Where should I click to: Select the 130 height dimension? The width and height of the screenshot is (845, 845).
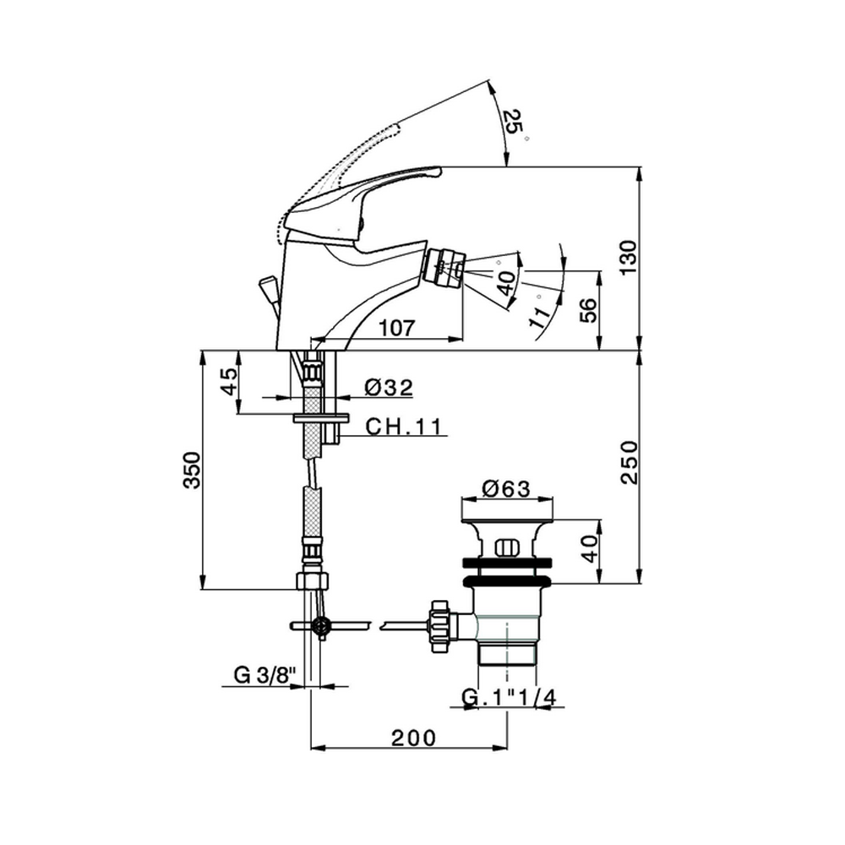(628, 258)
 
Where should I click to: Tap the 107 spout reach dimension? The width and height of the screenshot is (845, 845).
(397, 328)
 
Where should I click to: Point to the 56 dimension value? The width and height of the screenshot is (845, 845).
(588, 310)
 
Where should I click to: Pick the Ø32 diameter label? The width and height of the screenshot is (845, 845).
(388, 387)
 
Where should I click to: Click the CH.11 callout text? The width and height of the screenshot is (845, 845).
(404, 426)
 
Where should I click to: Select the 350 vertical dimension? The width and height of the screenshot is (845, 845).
(192, 470)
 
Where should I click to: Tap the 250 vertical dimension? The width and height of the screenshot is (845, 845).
(629, 462)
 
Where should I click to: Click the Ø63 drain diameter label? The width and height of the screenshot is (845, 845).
(506, 488)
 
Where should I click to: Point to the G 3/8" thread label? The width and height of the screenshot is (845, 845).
(265, 674)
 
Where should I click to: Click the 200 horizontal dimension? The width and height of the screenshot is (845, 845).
(413, 738)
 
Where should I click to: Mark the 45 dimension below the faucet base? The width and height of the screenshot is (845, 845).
(230, 381)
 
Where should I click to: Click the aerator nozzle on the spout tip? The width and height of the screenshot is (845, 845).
(443, 267)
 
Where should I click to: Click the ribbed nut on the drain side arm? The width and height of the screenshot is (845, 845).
(438, 627)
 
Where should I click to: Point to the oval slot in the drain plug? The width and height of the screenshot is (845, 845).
(505, 548)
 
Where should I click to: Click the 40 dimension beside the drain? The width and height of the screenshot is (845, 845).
(590, 548)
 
